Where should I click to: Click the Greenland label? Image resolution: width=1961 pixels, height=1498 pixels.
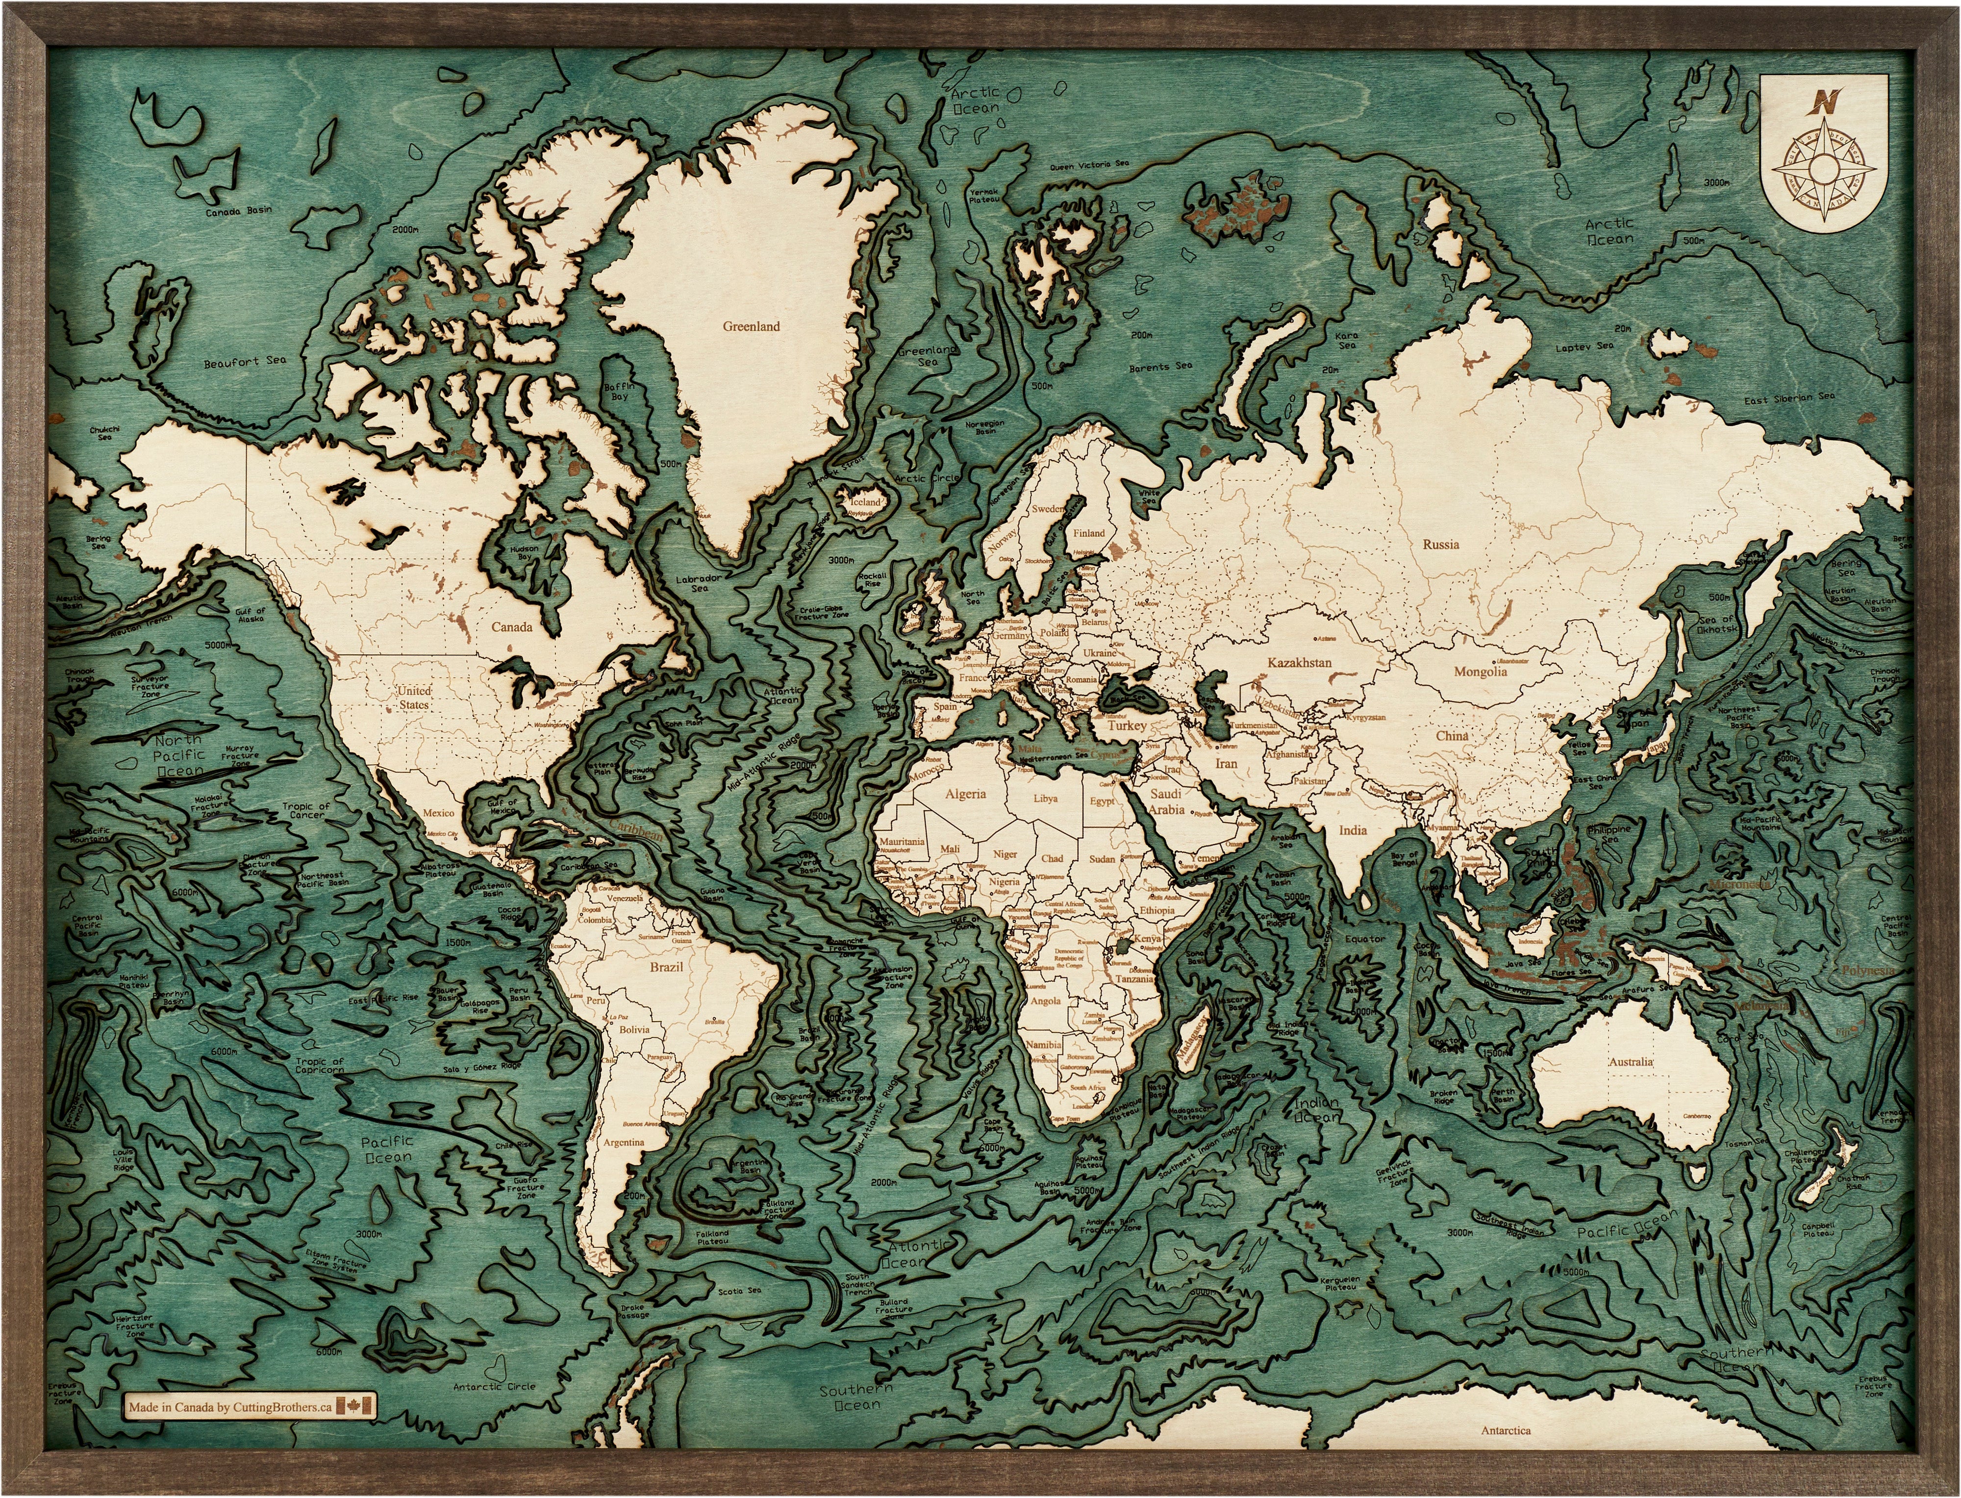click(751, 326)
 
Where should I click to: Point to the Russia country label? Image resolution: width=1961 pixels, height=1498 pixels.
click(1441, 544)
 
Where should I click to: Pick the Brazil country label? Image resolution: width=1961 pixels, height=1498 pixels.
click(666, 967)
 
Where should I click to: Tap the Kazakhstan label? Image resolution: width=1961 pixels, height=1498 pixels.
click(1299, 663)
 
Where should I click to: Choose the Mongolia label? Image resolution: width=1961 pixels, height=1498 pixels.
click(1481, 672)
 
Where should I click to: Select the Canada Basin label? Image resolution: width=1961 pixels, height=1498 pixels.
click(238, 212)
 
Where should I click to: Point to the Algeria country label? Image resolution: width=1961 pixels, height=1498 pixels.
click(965, 794)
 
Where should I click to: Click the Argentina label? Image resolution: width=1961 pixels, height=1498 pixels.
click(623, 1142)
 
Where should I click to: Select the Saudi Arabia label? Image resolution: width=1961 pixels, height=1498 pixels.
click(1165, 801)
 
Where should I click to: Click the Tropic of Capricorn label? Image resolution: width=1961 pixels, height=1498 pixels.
click(319, 1066)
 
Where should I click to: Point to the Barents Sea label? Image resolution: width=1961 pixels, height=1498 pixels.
click(1160, 367)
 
